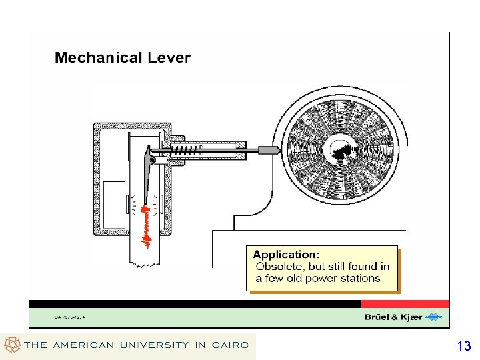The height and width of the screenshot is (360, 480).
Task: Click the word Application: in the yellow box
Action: pyautogui.click(x=286, y=254)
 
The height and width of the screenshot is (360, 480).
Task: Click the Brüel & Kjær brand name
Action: pyautogui.click(x=393, y=317)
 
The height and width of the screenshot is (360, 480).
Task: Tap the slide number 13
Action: pyautogui.click(x=464, y=346)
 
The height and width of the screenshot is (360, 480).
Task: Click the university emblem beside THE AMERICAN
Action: pyautogui.click(x=12, y=345)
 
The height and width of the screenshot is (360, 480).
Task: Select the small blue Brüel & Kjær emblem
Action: pyautogui.click(x=433, y=317)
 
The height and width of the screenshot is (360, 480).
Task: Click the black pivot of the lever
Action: pyautogui.click(x=153, y=160)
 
